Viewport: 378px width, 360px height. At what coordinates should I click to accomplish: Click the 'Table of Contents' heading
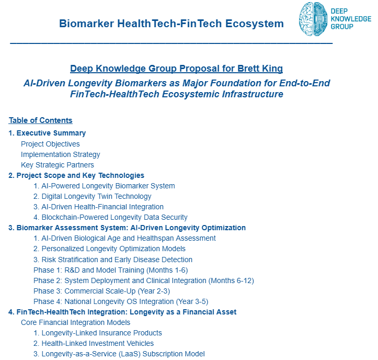(x=40, y=120)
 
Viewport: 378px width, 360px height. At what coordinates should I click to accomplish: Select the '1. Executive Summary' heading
(x=47, y=133)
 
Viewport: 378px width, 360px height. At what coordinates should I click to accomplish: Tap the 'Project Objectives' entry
(x=50, y=144)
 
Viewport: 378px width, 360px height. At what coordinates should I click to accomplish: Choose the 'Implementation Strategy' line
(x=60, y=154)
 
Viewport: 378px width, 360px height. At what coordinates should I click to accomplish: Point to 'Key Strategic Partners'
(x=58, y=165)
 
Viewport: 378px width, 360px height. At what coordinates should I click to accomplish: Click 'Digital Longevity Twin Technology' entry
(x=92, y=196)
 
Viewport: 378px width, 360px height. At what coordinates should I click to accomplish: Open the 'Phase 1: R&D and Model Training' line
(x=110, y=270)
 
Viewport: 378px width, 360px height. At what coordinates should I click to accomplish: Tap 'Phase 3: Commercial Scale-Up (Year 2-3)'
(x=101, y=291)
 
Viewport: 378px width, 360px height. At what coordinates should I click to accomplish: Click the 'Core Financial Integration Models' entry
(x=75, y=322)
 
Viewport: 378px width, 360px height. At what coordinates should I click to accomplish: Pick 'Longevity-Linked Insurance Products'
(x=98, y=333)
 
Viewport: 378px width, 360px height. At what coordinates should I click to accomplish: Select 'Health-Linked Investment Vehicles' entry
(x=94, y=343)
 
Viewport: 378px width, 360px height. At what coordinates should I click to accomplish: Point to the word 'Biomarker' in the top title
(x=85, y=24)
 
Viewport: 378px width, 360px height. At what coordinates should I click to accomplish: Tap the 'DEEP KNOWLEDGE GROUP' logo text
(x=350, y=19)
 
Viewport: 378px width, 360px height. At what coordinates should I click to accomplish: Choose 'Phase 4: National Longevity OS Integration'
(x=120, y=301)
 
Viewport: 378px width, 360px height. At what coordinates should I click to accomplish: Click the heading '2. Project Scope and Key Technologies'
(x=76, y=175)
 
